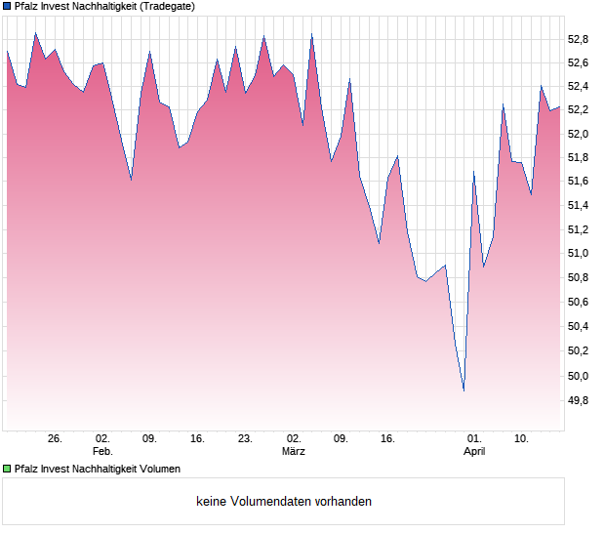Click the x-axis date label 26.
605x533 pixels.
[x=55, y=439]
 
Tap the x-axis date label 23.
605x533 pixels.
[x=245, y=439]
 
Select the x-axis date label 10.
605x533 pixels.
[x=522, y=439]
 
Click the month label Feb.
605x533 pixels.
[x=102, y=451]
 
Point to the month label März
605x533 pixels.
[x=293, y=451]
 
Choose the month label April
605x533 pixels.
[x=474, y=451]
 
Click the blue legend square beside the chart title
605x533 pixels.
[x=7, y=6]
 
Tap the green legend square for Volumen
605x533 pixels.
[x=7, y=470]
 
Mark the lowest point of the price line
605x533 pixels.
[x=464, y=391]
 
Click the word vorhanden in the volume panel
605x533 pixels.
[x=343, y=502]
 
